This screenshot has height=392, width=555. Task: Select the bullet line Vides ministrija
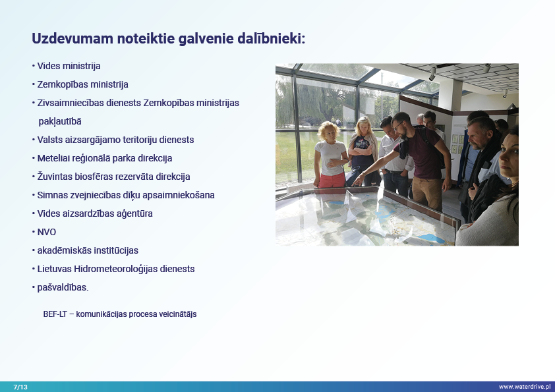69,66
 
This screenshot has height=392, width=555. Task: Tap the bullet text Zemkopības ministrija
82,84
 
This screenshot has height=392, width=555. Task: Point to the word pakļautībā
60,122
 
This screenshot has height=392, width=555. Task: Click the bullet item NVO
46,232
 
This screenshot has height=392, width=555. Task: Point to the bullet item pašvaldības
63,287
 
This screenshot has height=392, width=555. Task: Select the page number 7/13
20,387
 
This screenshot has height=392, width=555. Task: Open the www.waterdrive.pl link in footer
525,387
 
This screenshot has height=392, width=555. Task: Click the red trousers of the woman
332,180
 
